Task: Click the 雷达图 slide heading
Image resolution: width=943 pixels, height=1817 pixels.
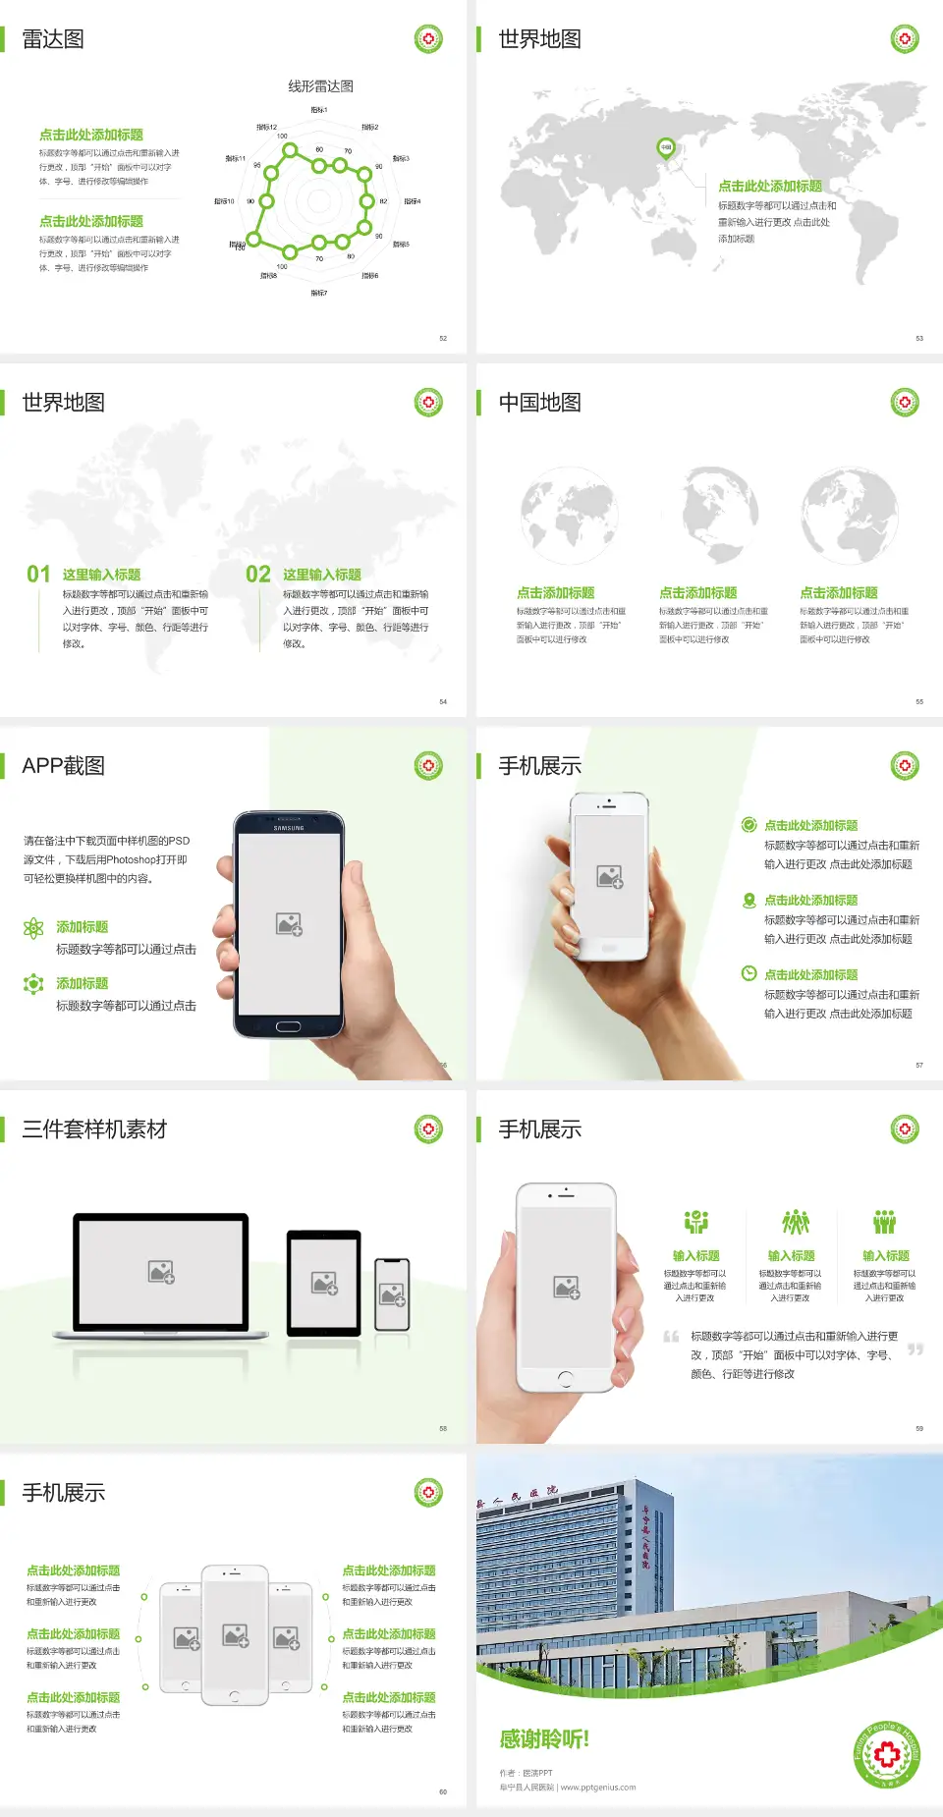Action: point(53,39)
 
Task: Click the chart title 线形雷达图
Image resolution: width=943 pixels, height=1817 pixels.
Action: point(320,86)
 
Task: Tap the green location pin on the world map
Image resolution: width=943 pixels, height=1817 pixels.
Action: point(666,148)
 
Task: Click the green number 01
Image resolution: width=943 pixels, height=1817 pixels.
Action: point(38,575)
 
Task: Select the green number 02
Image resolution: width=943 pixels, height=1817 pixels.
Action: point(258,575)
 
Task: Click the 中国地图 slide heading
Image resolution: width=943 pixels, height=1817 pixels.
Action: point(539,403)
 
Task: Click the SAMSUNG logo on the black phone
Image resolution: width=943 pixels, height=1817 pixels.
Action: point(289,828)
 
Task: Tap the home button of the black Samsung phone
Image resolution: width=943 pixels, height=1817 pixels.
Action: point(288,1026)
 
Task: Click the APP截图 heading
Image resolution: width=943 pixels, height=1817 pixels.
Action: point(64,766)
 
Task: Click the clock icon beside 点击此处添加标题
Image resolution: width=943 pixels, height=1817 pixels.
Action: point(749,973)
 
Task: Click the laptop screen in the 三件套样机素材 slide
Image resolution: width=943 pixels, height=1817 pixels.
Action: point(161,1271)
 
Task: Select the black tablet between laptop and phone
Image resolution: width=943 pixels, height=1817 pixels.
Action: point(324,1282)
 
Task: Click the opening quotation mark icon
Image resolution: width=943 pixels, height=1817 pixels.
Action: point(671,1337)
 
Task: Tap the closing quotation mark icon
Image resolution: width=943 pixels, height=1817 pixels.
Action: point(915,1349)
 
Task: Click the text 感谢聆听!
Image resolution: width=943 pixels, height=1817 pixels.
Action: point(544,1739)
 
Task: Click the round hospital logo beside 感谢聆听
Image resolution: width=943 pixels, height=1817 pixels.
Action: point(887,1754)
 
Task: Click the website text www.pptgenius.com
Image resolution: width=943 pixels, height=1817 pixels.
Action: point(598,1788)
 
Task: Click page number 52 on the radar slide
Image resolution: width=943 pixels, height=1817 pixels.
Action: point(443,338)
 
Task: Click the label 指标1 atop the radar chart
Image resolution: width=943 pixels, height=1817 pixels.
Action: point(319,110)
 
